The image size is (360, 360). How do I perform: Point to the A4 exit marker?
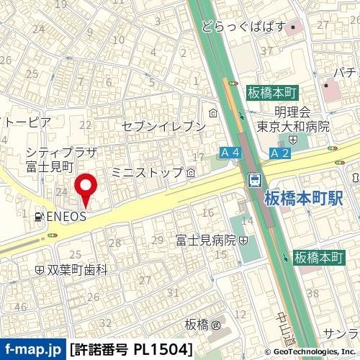pyautogui.click(x=230, y=153)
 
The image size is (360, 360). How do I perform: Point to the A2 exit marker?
pyautogui.click(x=280, y=153)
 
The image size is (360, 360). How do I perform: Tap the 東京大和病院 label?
pyautogui.click(x=294, y=126)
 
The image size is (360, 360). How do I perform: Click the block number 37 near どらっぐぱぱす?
pyautogui.click(x=267, y=52)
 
